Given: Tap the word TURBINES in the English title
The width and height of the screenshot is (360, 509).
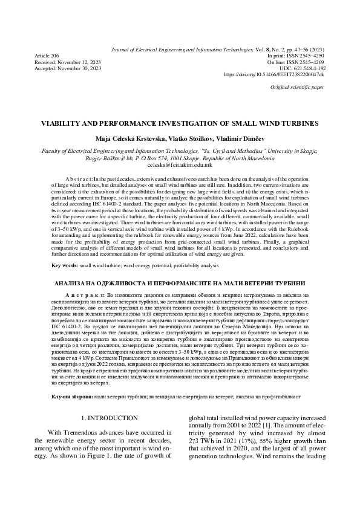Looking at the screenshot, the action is click(x=295, y=122).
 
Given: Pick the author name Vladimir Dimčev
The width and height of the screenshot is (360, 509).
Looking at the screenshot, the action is click(x=238, y=138).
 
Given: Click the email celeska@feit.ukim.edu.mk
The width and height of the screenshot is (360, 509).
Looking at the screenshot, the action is click(x=180, y=164).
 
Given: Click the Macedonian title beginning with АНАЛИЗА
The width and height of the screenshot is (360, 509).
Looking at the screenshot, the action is click(x=180, y=283).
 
